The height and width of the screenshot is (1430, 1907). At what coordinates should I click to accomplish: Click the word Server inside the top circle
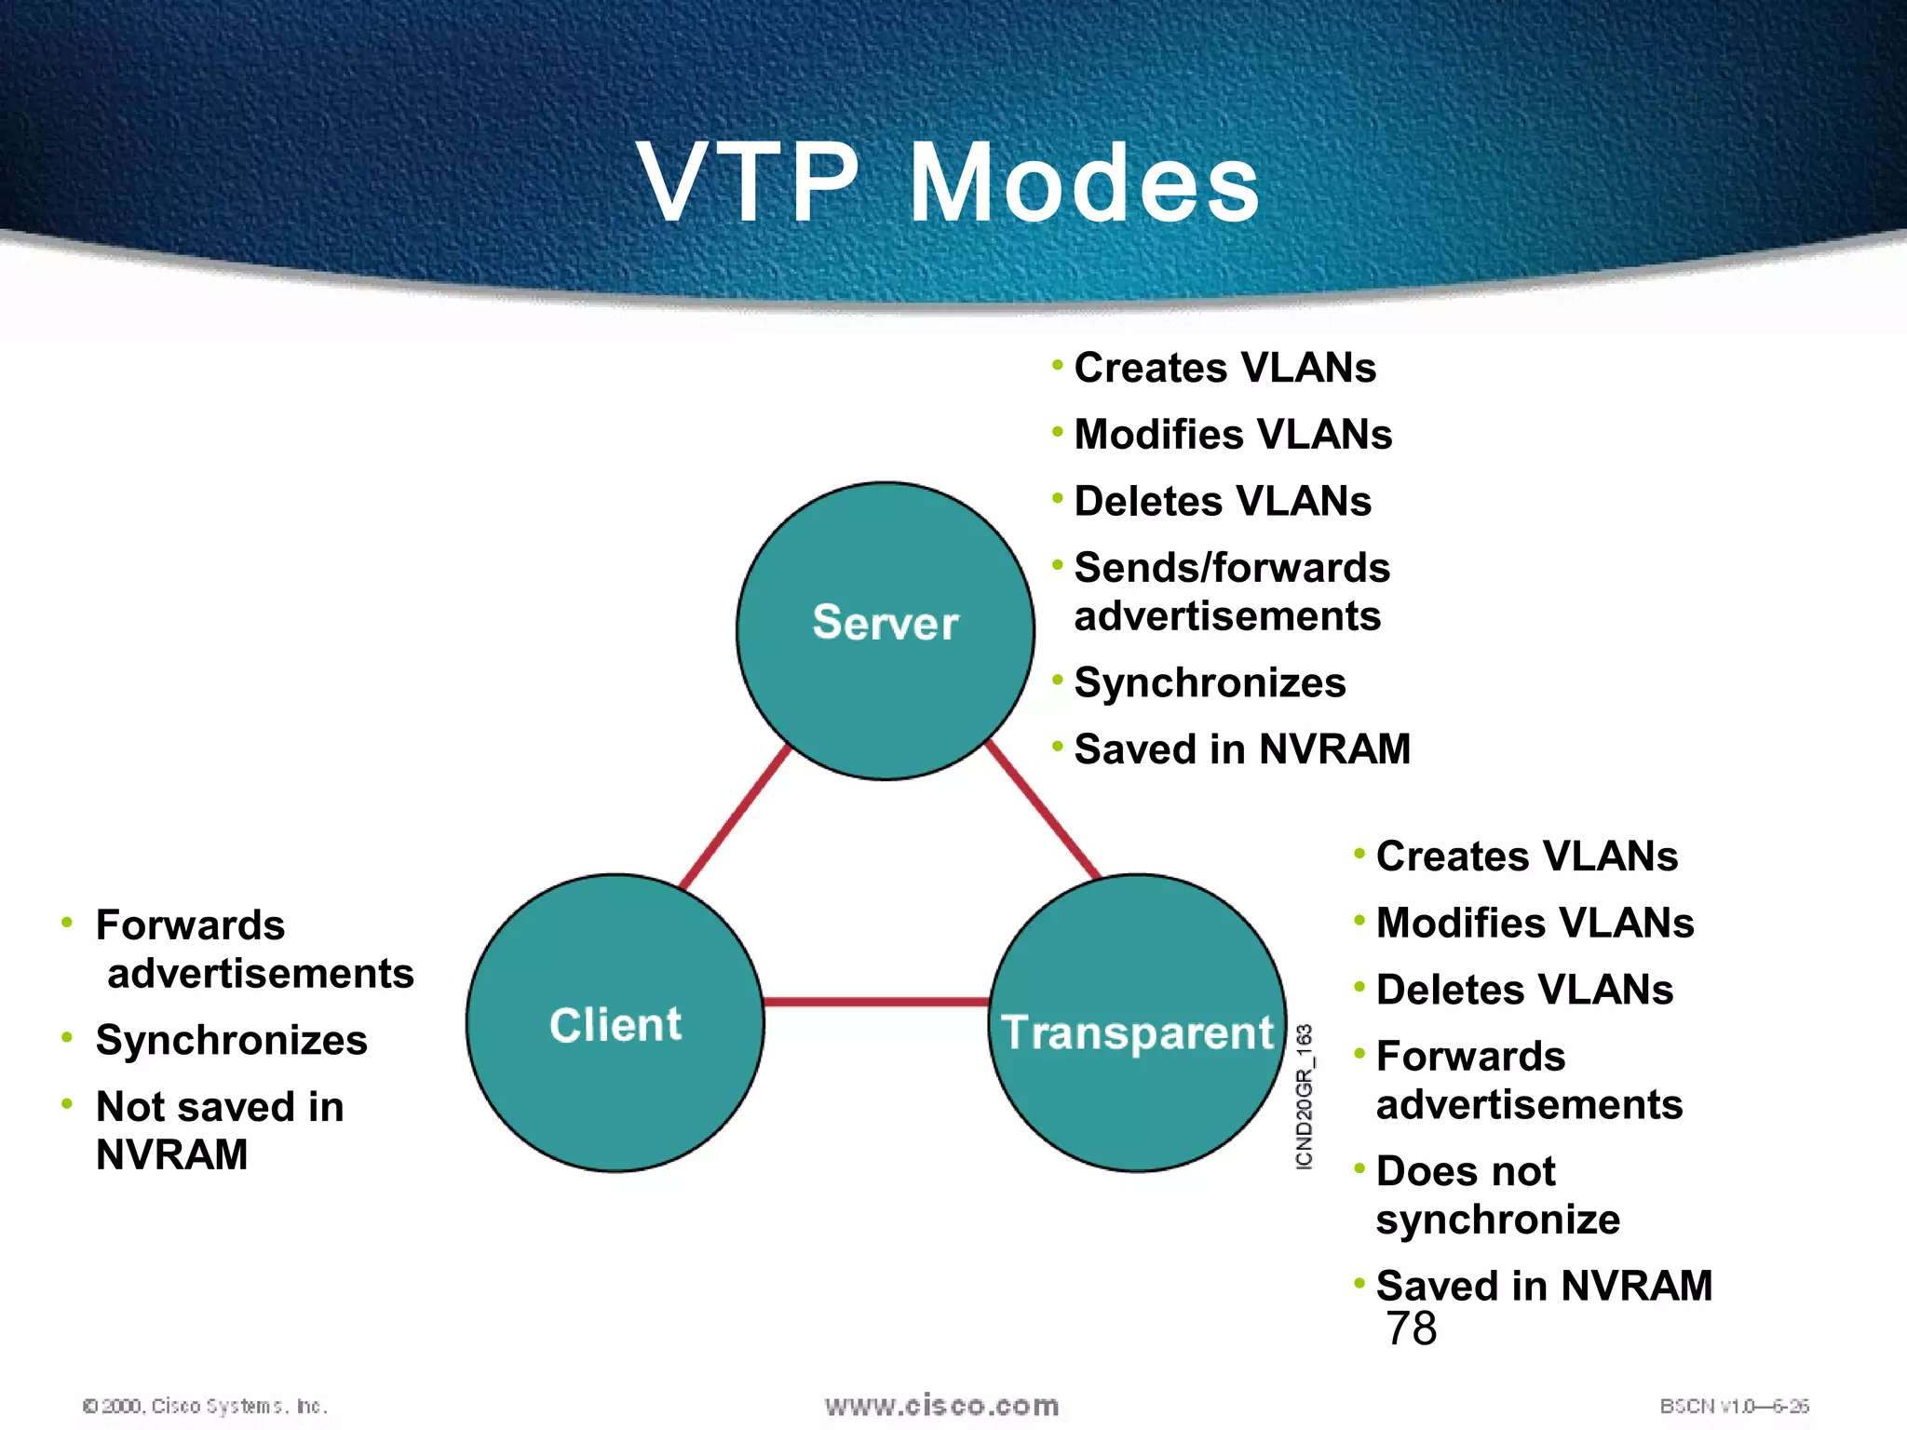tap(885, 623)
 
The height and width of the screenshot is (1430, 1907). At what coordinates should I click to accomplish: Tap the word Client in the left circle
tap(615, 1025)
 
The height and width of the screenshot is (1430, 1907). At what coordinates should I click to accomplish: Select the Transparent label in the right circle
tap(1136, 1032)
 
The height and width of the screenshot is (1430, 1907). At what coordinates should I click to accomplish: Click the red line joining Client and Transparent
tap(875, 1002)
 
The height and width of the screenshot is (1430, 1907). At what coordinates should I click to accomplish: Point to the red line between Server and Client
tap(735, 816)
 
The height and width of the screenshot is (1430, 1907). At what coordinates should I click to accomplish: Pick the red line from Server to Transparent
tap(1043, 810)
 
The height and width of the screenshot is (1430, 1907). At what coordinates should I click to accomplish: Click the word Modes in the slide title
tap(1084, 183)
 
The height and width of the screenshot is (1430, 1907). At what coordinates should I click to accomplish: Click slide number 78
tap(1411, 1329)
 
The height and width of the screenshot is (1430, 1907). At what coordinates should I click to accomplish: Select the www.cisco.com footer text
tap(941, 1405)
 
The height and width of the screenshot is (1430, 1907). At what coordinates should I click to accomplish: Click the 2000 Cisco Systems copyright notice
tap(205, 1406)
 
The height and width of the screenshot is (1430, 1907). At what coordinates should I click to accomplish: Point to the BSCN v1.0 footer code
tap(1734, 1406)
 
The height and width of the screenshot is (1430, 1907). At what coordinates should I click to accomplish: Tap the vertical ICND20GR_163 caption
tap(1305, 1097)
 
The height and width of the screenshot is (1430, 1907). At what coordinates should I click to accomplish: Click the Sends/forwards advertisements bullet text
tap(1231, 592)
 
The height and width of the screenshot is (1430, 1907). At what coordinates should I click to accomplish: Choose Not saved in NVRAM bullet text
tap(220, 1130)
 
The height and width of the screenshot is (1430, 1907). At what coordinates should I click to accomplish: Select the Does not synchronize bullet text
tap(1497, 1195)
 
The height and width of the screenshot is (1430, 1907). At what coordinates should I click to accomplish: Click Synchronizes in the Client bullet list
tap(231, 1040)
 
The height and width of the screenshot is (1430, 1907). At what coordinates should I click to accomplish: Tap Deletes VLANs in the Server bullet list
tap(1223, 501)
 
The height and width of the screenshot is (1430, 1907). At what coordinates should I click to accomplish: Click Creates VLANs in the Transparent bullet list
tap(1527, 857)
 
